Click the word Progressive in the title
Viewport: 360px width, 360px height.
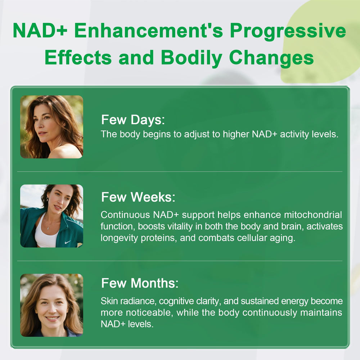click(x=288, y=31)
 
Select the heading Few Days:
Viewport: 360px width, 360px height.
click(x=133, y=120)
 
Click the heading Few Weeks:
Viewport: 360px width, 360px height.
click(x=138, y=197)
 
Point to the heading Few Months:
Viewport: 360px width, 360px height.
click(x=140, y=283)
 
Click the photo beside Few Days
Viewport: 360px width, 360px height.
click(x=51, y=127)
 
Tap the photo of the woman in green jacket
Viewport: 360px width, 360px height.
click(x=51, y=216)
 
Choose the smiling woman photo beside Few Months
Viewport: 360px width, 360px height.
click(x=51, y=305)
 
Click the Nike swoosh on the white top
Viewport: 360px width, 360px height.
click(x=67, y=242)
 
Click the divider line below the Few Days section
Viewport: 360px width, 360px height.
click(x=180, y=172)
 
